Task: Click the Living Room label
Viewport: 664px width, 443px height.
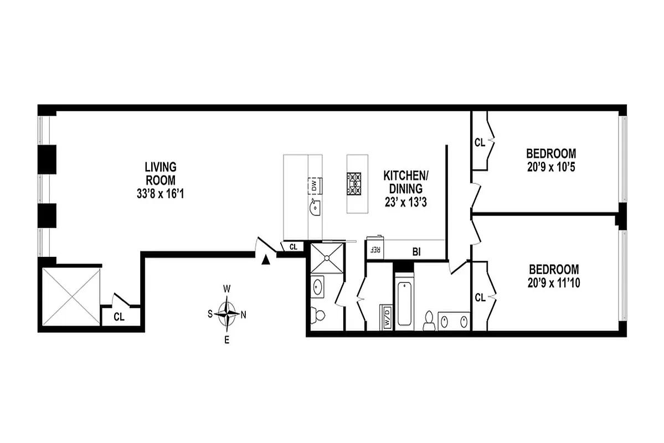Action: pos(160,173)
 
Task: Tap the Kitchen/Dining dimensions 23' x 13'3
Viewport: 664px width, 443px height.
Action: pos(407,203)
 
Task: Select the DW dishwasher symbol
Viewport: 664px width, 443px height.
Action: pos(313,185)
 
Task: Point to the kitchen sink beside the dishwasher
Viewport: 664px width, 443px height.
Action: pos(315,208)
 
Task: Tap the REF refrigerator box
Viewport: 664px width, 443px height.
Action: pos(374,250)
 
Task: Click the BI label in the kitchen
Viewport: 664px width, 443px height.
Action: pos(417,251)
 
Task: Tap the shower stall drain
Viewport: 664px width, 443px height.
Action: pos(326,257)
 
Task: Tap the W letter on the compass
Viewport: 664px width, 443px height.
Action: pos(227,289)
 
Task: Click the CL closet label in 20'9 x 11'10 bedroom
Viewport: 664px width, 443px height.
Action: pos(480,297)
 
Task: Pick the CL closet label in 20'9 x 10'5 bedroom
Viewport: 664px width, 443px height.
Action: pos(480,142)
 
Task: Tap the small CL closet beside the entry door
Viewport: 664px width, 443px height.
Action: pos(294,248)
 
